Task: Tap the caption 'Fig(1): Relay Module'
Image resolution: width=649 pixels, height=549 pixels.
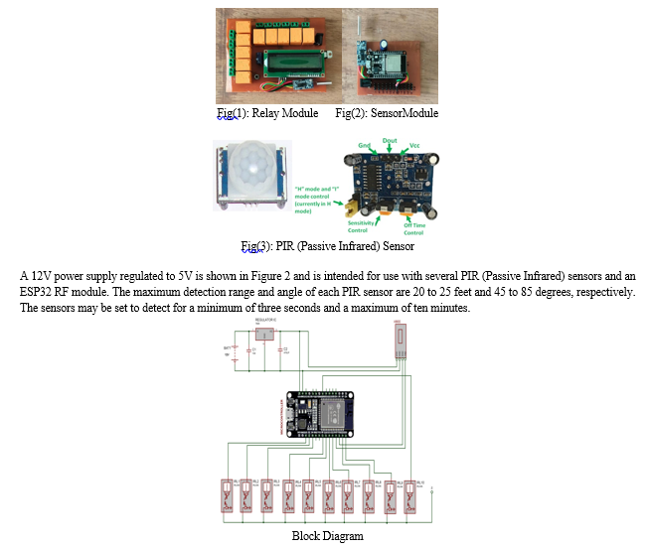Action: (267, 113)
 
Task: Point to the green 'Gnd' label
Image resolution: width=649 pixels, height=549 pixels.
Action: (364, 146)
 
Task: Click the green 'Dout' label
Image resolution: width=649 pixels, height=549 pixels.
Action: (390, 141)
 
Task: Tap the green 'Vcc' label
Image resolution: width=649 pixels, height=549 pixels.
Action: (414, 146)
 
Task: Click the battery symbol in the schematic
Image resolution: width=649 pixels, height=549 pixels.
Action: (234, 350)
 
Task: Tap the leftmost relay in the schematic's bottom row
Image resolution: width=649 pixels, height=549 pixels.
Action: (226, 495)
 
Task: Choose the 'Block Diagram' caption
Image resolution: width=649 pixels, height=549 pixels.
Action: (327, 536)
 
